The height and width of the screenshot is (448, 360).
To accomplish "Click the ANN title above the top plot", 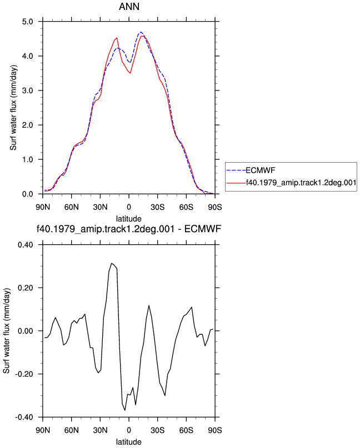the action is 129,6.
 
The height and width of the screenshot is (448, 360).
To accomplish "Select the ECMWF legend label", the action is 261,170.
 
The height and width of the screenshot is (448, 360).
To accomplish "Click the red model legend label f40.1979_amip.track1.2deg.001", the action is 301,182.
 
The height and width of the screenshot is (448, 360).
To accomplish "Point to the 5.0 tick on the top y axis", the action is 27,22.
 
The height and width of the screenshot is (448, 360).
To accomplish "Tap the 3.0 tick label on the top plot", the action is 27,90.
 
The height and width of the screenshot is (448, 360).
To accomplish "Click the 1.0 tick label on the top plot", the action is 27,159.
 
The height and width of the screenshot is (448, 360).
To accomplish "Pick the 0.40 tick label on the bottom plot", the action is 26,245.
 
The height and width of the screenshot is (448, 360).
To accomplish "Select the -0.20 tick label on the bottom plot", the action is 24,374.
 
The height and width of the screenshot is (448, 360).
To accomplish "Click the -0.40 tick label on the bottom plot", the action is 24,417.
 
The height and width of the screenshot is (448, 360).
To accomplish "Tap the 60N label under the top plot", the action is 72,207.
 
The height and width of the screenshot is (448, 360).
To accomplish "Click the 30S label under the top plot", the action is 158,207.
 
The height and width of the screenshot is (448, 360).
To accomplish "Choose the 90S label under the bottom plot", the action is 215,430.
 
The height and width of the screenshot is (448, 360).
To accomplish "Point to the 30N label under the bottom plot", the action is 100,430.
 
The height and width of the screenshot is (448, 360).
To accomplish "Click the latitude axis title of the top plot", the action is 129,219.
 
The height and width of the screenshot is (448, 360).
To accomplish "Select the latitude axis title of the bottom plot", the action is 129,442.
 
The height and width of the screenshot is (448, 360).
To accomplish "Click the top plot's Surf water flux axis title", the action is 13,108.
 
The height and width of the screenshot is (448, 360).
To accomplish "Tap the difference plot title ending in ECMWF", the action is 129,229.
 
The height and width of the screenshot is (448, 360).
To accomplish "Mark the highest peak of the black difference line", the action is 112,263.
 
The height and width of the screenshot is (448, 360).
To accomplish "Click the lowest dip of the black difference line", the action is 125,410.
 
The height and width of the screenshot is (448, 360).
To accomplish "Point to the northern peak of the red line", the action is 117,38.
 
